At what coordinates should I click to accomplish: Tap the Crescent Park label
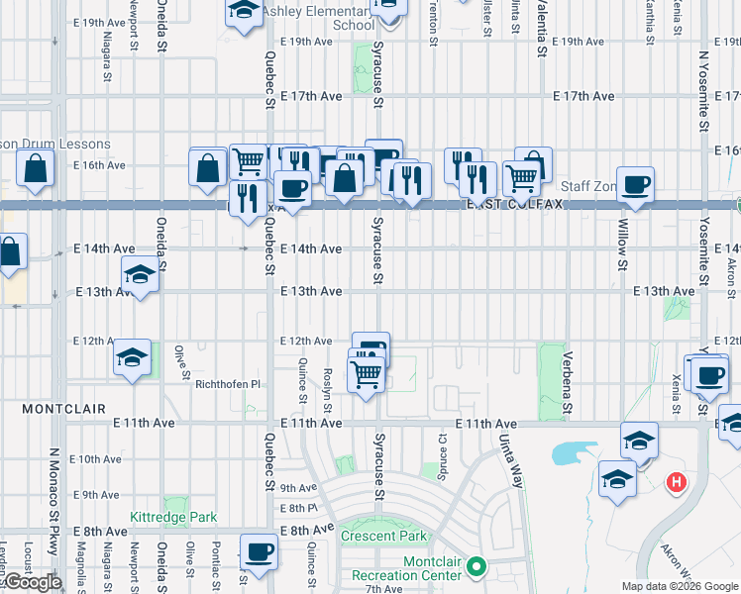click(x=384, y=536)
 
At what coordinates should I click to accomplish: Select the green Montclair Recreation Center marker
click(x=476, y=568)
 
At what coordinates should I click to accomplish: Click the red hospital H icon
click(x=677, y=483)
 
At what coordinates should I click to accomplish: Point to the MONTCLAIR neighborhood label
click(x=50, y=408)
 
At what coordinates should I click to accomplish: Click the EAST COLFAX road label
click(x=514, y=204)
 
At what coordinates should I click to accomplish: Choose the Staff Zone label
click(x=587, y=186)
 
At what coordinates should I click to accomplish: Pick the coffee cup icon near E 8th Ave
click(x=259, y=551)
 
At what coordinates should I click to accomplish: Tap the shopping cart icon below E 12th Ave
click(x=367, y=374)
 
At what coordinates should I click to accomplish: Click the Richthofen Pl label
click(x=227, y=384)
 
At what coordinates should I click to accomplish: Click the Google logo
click(x=32, y=582)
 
